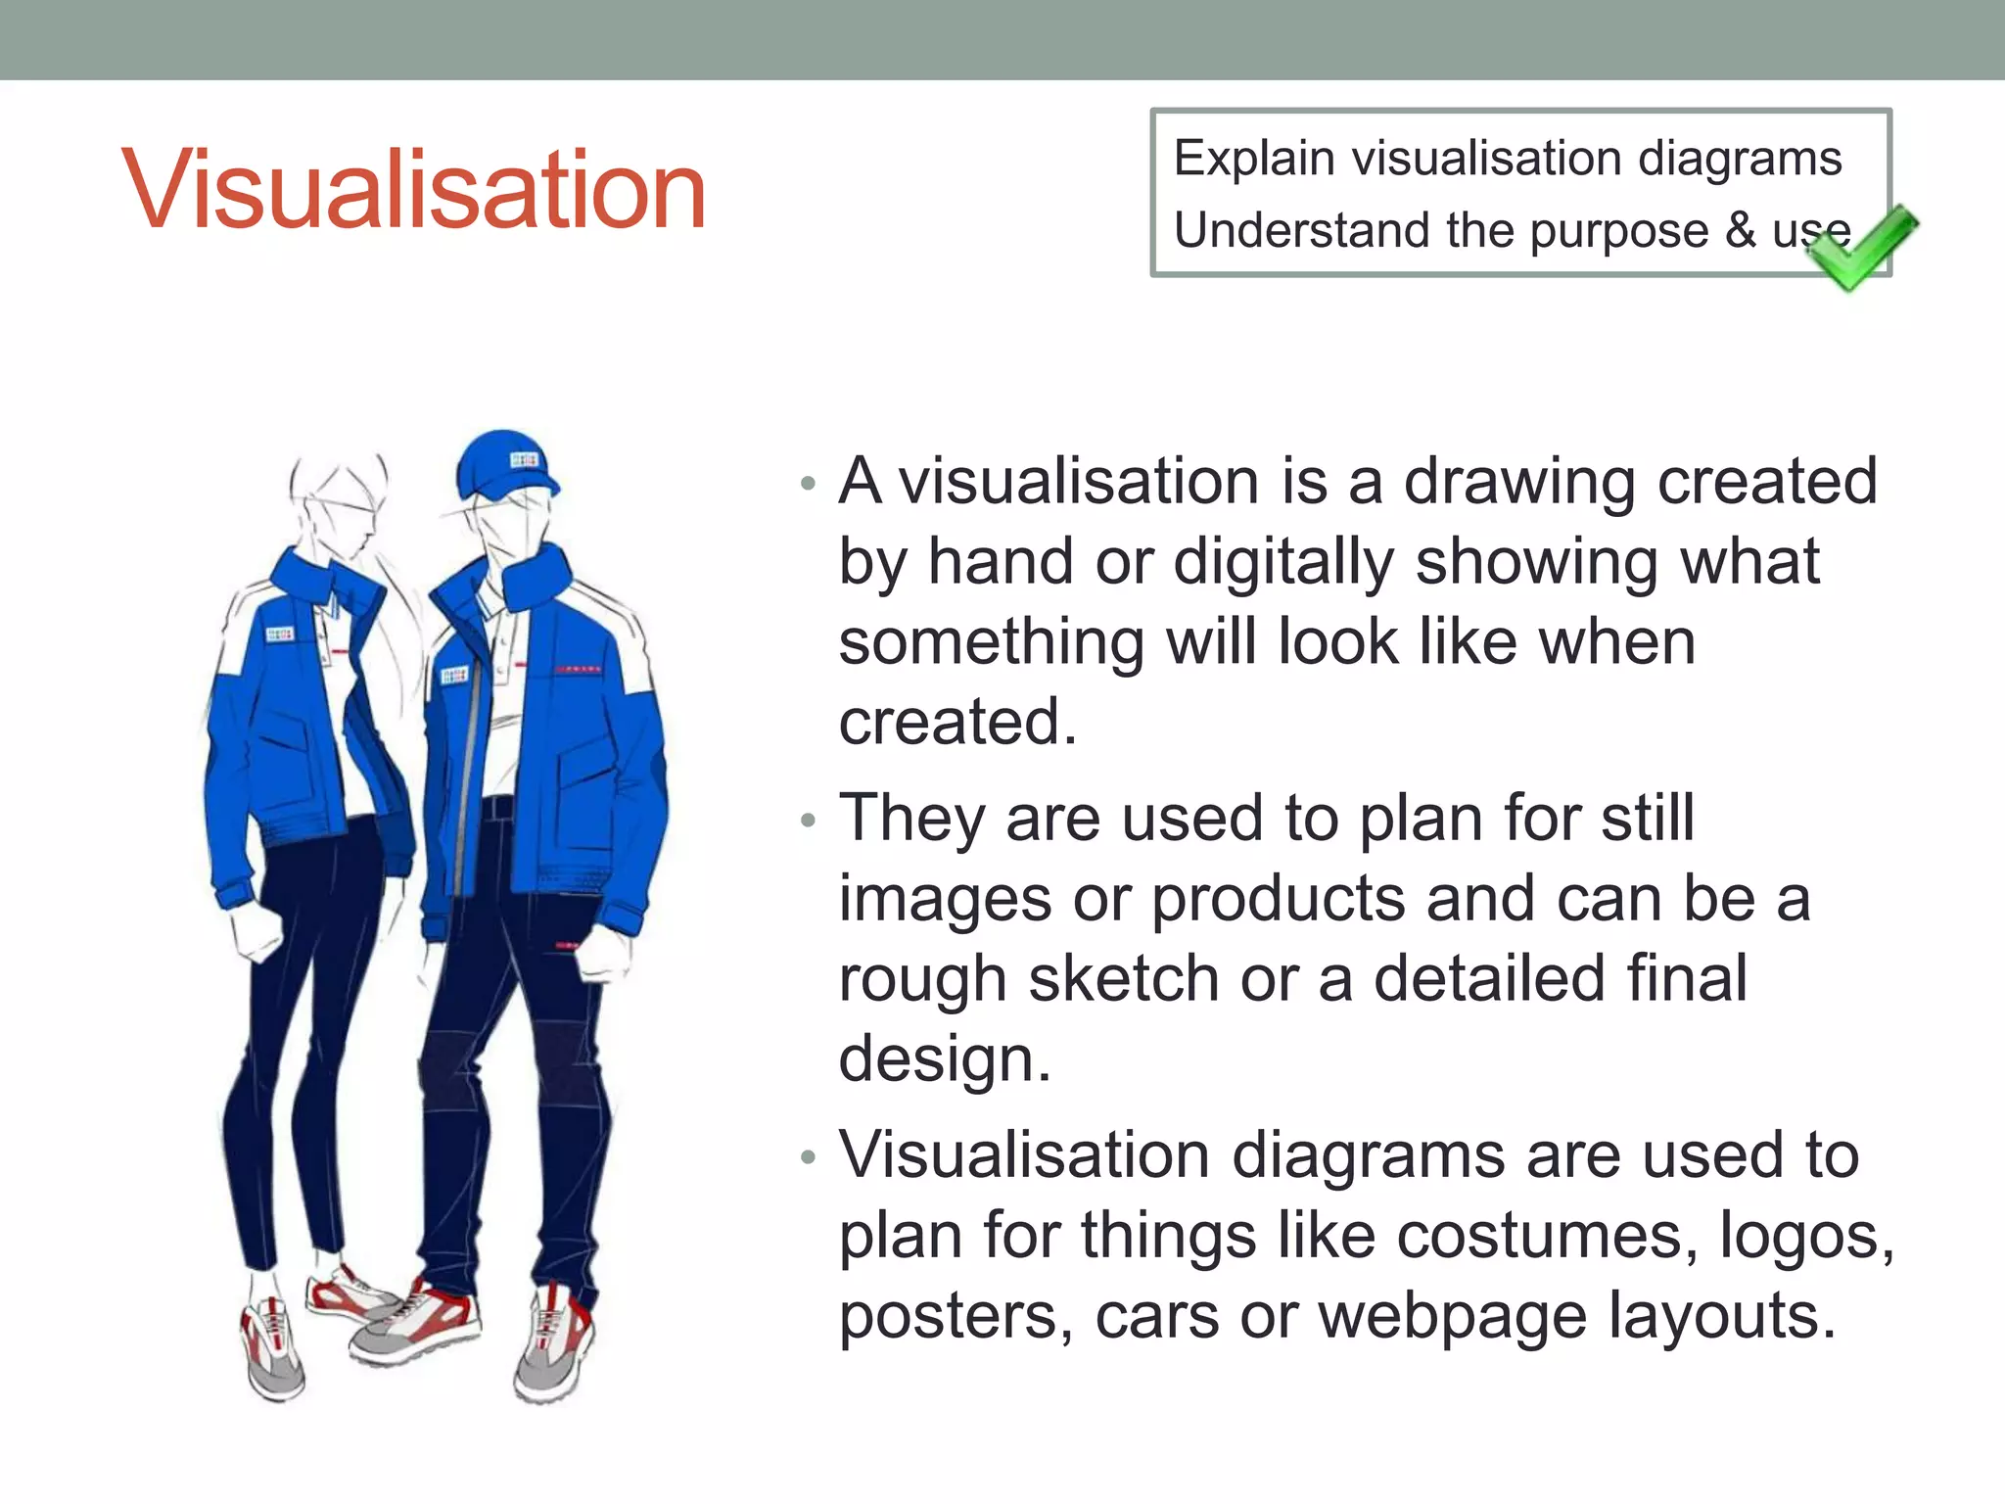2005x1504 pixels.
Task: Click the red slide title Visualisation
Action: tap(413, 189)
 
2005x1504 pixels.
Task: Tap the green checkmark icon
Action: tap(1861, 249)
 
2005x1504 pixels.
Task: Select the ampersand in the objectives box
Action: tap(1741, 230)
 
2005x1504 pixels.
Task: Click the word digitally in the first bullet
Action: tap(1283, 563)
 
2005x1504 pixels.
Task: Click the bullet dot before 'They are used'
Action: tap(808, 820)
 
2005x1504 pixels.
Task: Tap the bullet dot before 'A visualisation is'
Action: tap(808, 483)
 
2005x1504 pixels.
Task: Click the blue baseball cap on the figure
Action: tap(501, 464)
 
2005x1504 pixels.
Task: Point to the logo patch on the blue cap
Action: tap(524, 460)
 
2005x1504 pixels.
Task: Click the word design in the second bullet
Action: tap(945, 1059)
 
